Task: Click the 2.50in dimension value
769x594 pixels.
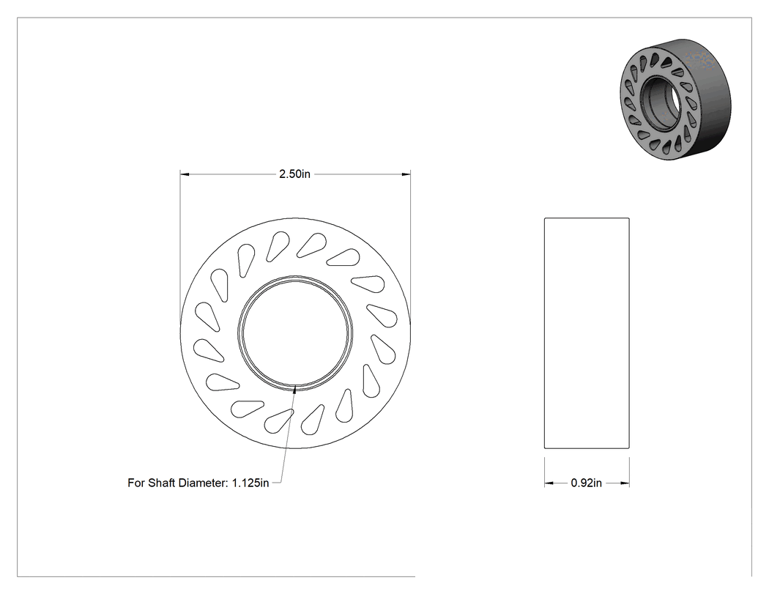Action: (x=294, y=174)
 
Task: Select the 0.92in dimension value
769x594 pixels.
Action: (x=586, y=483)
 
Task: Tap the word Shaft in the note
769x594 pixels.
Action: (x=162, y=483)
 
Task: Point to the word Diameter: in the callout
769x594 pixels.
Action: (x=203, y=483)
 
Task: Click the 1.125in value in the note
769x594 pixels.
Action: (x=250, y=483)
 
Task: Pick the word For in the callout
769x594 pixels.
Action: (x=136, y=483)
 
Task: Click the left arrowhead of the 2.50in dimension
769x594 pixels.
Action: (x=185, y=174)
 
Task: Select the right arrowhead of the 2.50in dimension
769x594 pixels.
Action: (x=406, y=174)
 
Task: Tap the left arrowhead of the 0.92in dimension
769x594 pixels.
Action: (x=549, y=483)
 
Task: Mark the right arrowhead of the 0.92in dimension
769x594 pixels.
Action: (x=624, y=483)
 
